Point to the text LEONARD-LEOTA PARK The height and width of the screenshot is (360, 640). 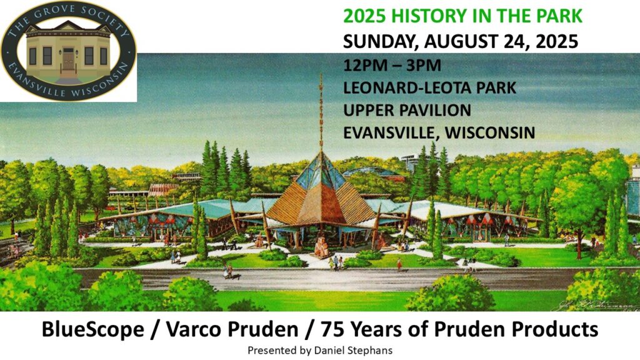point(430,87)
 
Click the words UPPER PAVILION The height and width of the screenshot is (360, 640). point(407,110)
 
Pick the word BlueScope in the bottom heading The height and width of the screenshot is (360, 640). point(92,329)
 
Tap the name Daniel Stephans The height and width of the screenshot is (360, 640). point(354,350)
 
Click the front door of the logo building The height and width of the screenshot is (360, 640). point(68,59)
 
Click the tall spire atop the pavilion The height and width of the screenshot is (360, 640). point(321,112)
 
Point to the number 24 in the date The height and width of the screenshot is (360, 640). point(519,42)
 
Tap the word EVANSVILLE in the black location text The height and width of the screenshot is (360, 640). point(391,132)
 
